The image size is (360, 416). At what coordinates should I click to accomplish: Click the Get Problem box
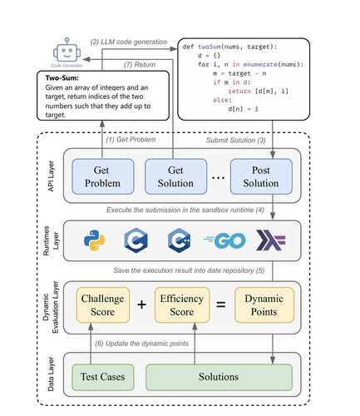click(103, 176)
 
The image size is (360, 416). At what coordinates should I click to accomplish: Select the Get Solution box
click(175, 176)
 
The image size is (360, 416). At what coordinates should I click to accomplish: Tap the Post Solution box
click(261, 176)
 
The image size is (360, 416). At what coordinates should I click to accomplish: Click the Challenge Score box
click(103, 305)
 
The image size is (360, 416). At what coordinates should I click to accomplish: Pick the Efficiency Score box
click(182, 305)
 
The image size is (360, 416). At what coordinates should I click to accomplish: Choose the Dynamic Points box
click(264, 305)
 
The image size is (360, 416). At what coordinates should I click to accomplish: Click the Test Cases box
click(103, 377)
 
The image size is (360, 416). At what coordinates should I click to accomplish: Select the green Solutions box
click(219, 377)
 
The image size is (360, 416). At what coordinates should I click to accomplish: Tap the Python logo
click(94, 240)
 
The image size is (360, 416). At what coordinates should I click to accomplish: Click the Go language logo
click(224, 240)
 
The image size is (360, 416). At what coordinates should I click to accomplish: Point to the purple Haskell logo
click(270, 240)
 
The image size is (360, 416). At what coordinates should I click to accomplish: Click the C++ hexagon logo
click(179, 240)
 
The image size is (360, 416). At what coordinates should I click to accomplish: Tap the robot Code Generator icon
click(67, 50)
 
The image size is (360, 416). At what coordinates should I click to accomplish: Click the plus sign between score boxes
click(141, 305)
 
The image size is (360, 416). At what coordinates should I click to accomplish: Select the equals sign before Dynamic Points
click(221, 305)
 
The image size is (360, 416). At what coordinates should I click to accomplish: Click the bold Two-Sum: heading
click(62, 78)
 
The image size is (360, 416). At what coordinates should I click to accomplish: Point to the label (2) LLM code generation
click(129, 42)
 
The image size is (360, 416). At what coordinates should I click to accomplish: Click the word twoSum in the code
click(210, 47)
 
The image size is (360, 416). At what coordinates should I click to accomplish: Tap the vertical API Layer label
click(51, 176)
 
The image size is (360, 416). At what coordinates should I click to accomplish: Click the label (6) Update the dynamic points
click(141, 344)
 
